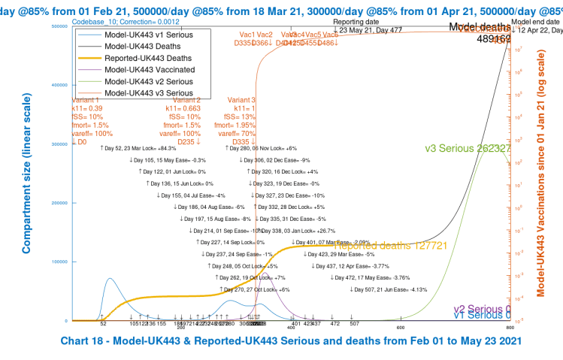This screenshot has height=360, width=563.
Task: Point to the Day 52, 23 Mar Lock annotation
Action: tap(144, 149)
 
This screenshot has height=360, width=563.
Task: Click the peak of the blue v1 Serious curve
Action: tap(89, 278)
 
